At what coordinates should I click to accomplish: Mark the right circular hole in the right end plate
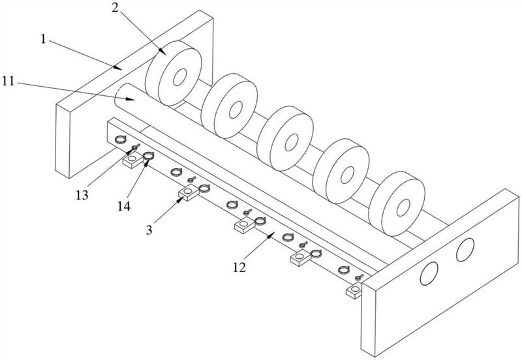pos(465,248)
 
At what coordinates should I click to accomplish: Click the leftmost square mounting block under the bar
pos(132,159)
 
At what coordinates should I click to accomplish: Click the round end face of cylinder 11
pos(123,99)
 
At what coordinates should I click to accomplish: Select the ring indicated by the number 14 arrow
pos(149,156)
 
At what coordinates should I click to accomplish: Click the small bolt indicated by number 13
pos(136,148)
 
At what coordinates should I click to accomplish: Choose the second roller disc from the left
pos(228,104)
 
